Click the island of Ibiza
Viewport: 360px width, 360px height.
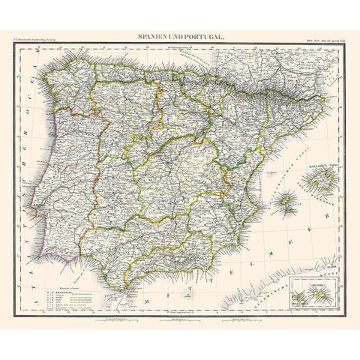coord(286,201)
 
